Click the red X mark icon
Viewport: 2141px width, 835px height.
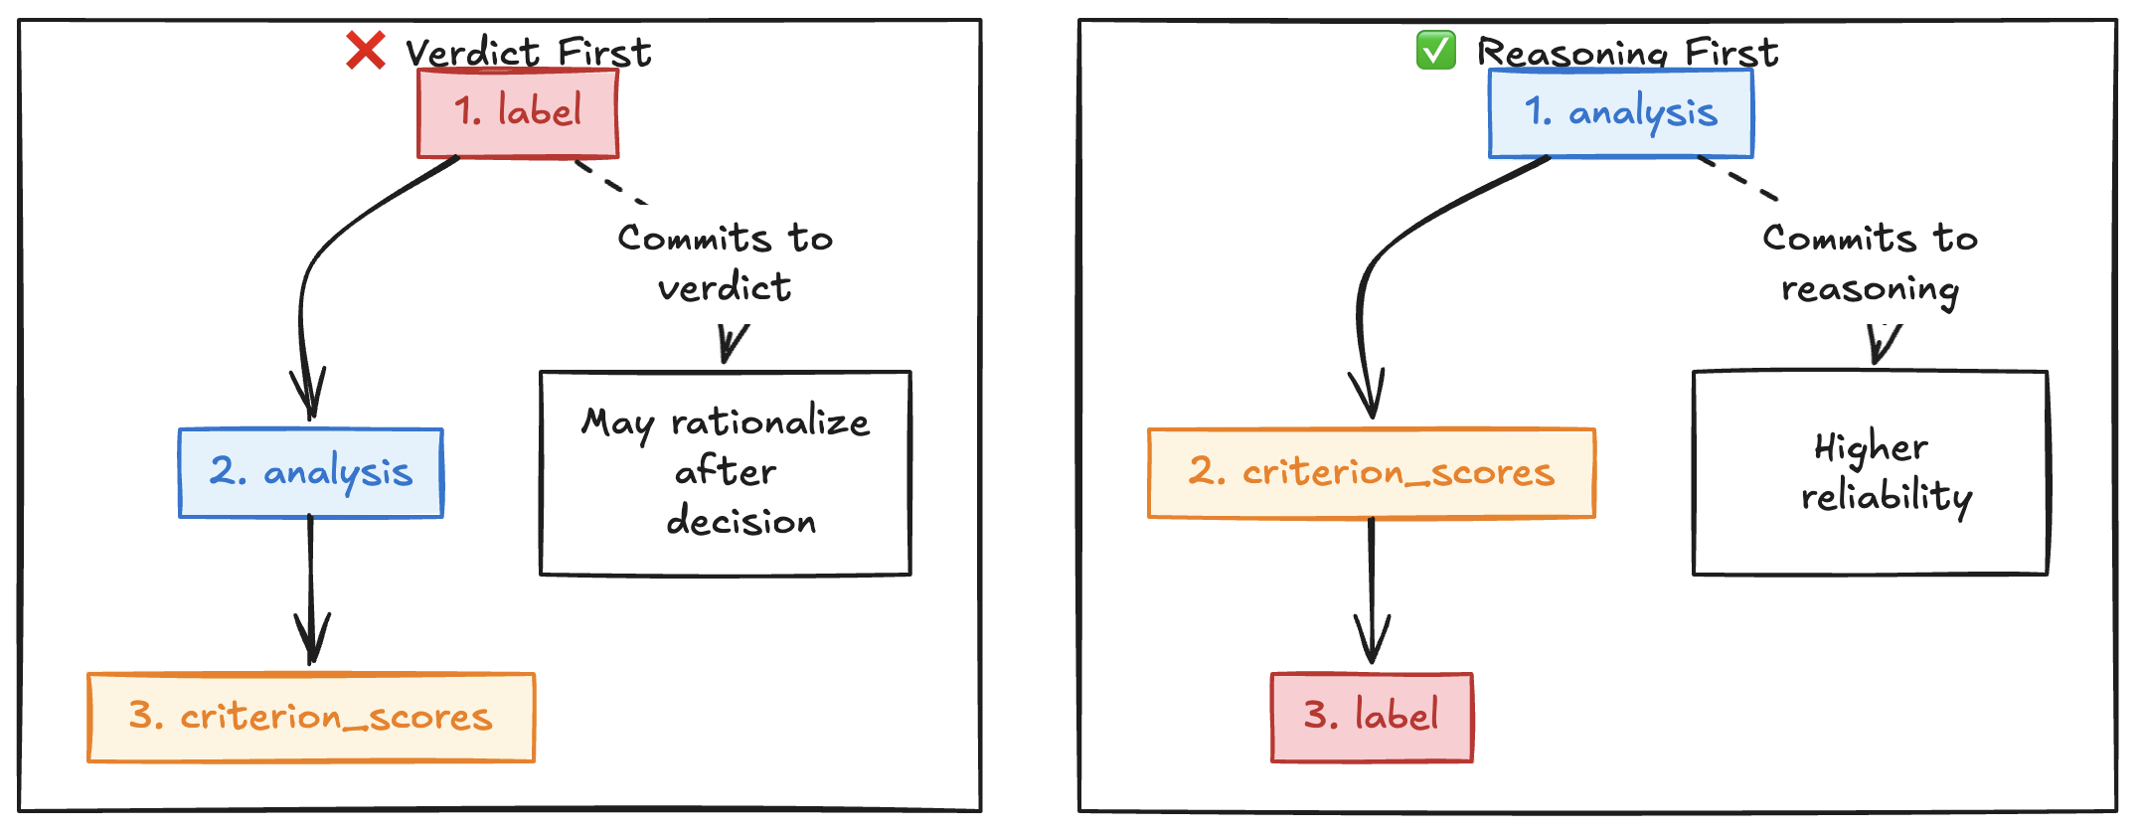tap(365, 50)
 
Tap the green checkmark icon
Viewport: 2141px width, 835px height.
tap(1435, 50)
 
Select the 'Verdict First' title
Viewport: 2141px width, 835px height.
tap(528, 52)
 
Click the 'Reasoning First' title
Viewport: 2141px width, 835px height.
tap(1627, 52)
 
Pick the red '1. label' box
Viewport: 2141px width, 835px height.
tap(518, 112)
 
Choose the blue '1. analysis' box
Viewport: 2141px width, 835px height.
tap(1620, 112)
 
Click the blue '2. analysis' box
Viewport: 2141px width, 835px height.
tap(311, 473)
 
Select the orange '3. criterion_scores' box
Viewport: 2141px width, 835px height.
tap(311, 718)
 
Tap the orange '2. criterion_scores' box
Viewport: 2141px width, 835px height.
tap(1372, 473)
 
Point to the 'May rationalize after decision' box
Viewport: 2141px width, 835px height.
tap(726, 473)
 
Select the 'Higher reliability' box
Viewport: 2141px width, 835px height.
tap(1871, 473)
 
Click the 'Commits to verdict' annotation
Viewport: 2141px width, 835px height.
tap(726, 262)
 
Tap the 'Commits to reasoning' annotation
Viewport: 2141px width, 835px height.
tap(1871, 263)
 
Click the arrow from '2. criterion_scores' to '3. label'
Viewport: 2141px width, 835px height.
tap(1372, 591)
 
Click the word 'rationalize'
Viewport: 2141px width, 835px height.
tap(770, 422)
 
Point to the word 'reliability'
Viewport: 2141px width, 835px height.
tap(1887, 497)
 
